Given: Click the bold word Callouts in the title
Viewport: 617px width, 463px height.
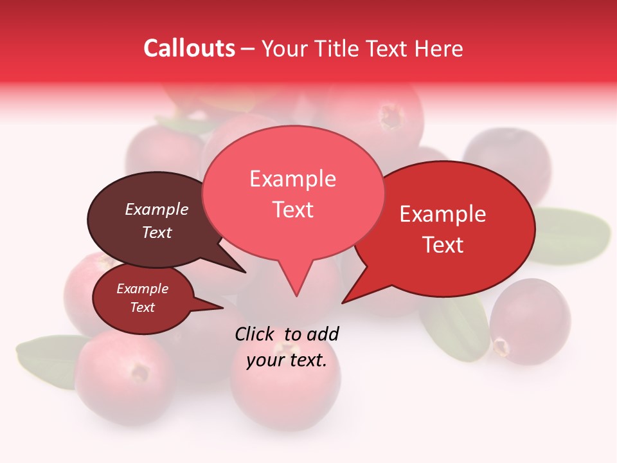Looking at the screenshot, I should click(189, 48).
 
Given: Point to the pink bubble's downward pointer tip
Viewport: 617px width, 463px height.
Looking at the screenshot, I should click(296, 295).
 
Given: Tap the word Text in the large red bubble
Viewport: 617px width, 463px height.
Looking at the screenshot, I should click(443, 244).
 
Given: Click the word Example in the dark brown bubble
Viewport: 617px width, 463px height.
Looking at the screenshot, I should click(156, 209).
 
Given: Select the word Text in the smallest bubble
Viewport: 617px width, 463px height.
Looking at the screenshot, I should click(142, 307).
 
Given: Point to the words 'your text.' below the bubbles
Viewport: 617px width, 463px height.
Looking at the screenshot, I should click(287, 360).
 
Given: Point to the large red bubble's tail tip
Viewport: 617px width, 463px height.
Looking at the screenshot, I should click(343, 302).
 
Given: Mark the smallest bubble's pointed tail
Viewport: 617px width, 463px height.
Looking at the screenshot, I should click(222, 307).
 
